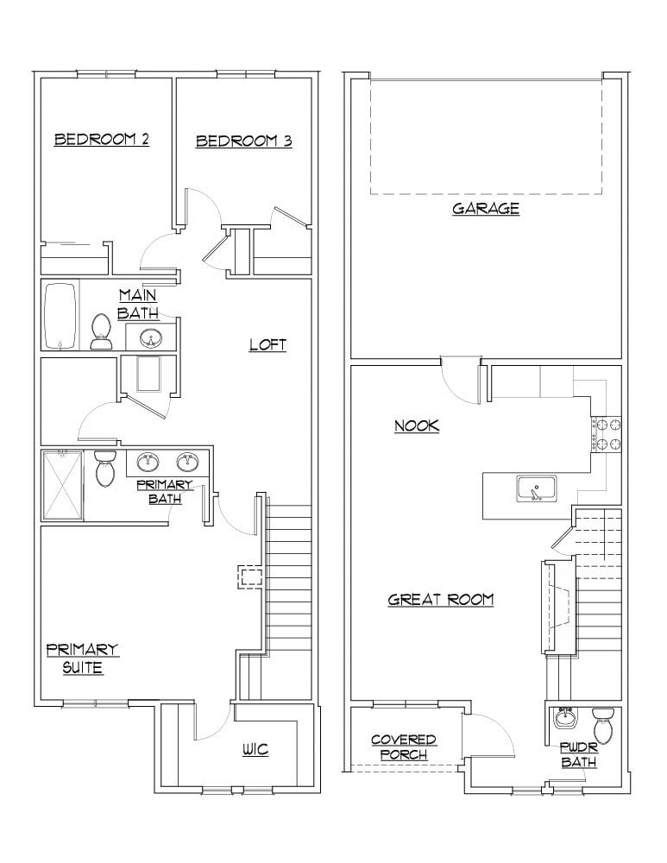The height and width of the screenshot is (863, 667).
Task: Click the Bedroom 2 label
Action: (102, 139)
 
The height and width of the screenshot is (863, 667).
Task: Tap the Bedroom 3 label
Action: (243, 141)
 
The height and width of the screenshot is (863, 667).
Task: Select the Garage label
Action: (486, 208)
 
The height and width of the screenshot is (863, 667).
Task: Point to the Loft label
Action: (267, 344)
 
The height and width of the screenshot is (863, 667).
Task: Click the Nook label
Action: (417, 425)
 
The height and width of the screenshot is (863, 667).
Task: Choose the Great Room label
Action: (441, 599)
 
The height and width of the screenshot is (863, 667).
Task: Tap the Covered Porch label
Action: (403, 747)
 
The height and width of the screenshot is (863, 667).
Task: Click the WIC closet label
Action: (255, 750)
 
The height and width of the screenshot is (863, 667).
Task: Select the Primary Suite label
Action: (82, 658)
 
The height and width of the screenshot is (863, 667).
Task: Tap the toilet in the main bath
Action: (101, 331)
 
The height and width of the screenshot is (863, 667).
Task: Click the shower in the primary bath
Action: (62, 484)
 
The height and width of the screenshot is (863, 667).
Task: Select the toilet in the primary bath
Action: (106, 468)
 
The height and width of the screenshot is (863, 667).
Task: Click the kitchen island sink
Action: (537, 489)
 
